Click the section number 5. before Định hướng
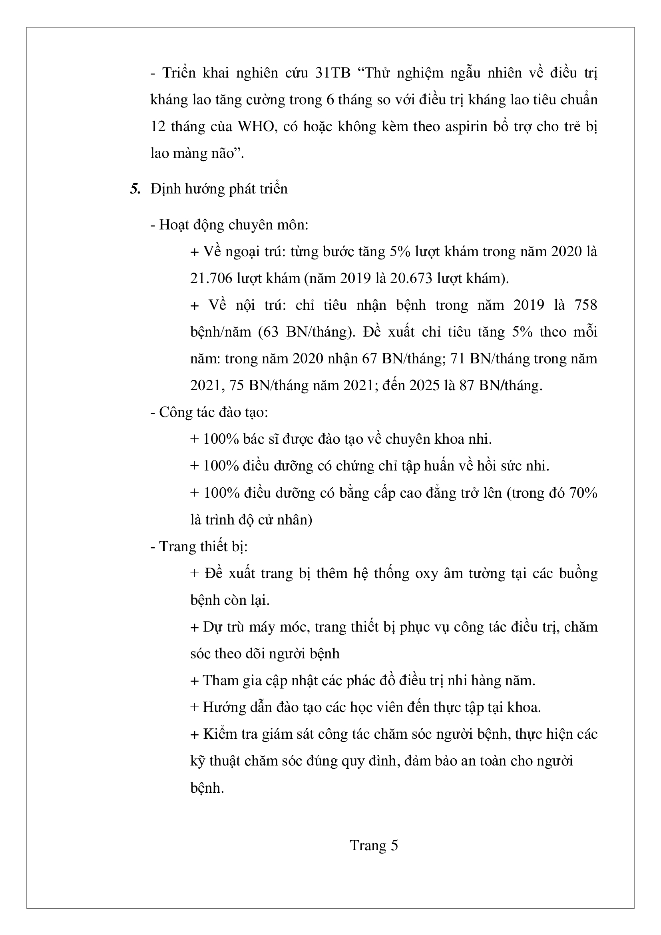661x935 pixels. tap(135, 189)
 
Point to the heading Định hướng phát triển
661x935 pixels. tap(219, 189)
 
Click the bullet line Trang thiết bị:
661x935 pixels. tap(199, 546)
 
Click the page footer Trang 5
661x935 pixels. tap(374, 845)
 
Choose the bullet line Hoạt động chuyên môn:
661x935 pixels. tap(229, 225)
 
